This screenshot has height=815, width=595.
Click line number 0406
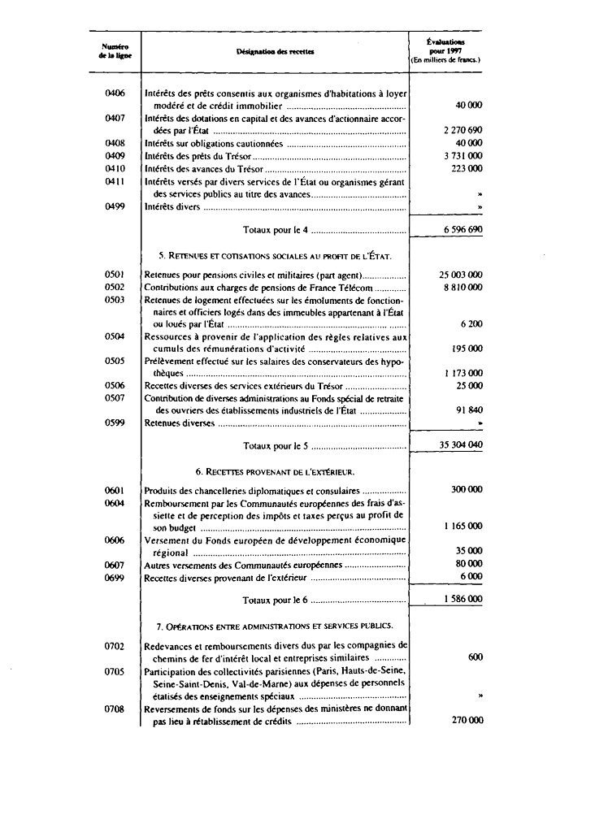click(x=115, y=94)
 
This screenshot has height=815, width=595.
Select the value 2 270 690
click(x=463, y=130)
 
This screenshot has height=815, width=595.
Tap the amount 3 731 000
click(x=463, y=155)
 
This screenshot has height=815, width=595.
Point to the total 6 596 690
click(x=463, y=230)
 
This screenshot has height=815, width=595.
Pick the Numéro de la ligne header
click(x=115, y=50)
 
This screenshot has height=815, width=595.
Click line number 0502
click(x=115, y=288)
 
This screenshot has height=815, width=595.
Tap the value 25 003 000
click(x=461, y=275)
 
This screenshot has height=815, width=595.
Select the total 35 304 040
click(x=461, y=446)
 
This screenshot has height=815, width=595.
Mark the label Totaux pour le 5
click(x=276, y=446)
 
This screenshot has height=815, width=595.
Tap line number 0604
click(x=115, y=503)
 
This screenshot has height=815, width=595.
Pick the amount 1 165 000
click(x=463, y=527)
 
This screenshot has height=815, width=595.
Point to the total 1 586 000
click(x=463, y=600)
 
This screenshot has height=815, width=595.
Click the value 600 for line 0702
click(x=476, y=657)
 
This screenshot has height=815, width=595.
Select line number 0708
click(x=115, y=709)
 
